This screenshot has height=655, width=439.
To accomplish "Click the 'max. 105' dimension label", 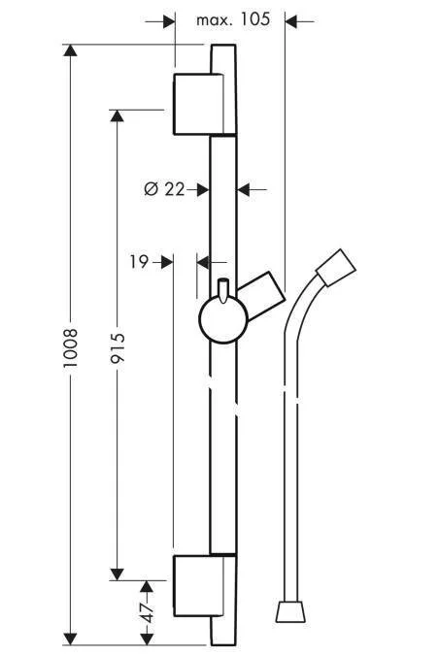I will click(232, 19).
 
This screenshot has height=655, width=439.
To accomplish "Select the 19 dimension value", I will click(137, 260).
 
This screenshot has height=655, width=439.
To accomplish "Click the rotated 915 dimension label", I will click(118, 344).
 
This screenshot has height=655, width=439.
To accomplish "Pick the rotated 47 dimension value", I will click(146, 613).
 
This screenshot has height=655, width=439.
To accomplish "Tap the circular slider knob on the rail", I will click(222, 320).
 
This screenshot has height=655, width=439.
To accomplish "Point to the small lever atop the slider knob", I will click(222, 290).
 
